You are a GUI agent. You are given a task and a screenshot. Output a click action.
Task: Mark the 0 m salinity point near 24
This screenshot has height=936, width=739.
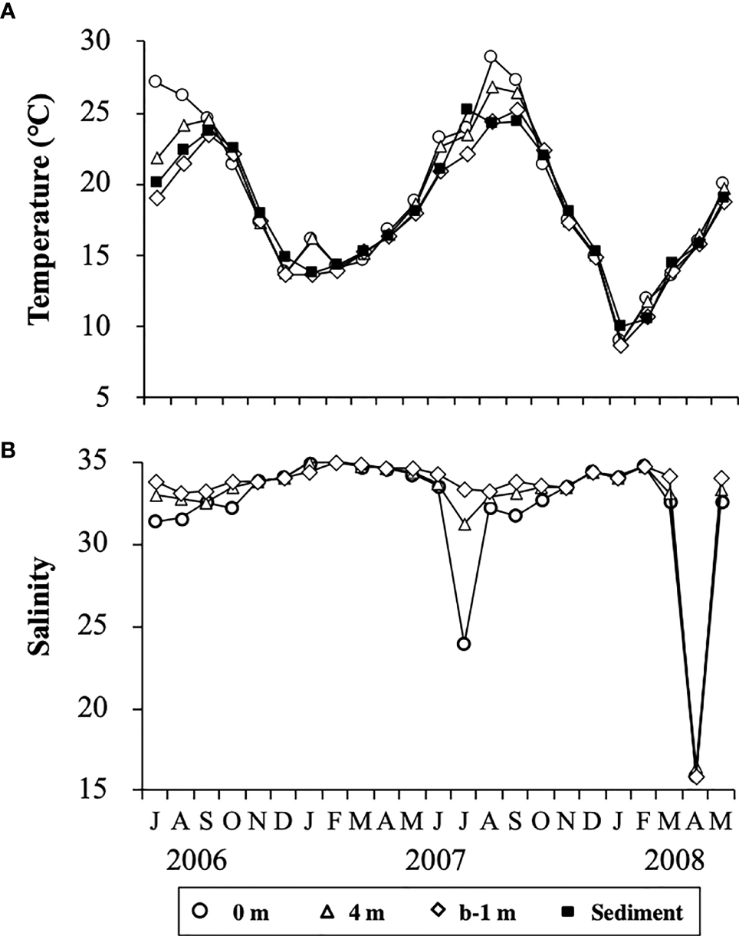pos(464,643)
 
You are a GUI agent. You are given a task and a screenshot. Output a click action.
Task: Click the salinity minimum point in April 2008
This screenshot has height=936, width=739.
pos(696,776)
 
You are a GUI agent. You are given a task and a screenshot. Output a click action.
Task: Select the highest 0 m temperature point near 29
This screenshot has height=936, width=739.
pos(491,57)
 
